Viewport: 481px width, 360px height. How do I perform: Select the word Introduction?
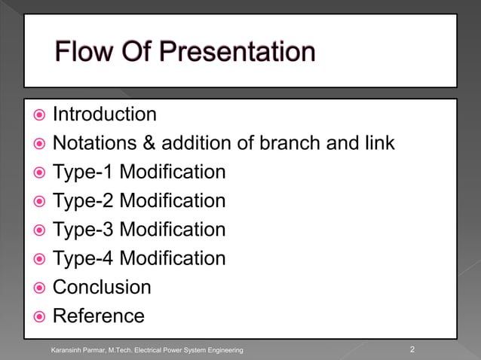tap(104, 114)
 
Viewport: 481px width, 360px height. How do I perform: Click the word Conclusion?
tap(101, 287)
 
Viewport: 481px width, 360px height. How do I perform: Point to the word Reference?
tap(98, 316)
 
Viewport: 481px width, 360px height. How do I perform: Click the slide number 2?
tap(412, 349)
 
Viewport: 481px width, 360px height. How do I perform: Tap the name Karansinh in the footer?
tap(67, 350)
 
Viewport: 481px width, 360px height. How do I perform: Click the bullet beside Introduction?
tap(37, 115)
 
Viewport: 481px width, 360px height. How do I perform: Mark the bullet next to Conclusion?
tap(37, 288)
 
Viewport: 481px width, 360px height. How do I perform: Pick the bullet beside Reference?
tap(37, 316)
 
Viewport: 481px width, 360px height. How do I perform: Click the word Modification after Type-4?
tap(173, 258)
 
